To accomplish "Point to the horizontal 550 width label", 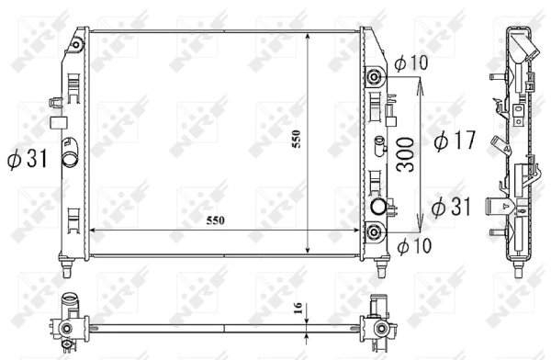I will click(x=215, y=220).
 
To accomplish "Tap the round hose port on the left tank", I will click(x=70, y=159).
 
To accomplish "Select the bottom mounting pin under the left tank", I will click(x=69, y=269).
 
